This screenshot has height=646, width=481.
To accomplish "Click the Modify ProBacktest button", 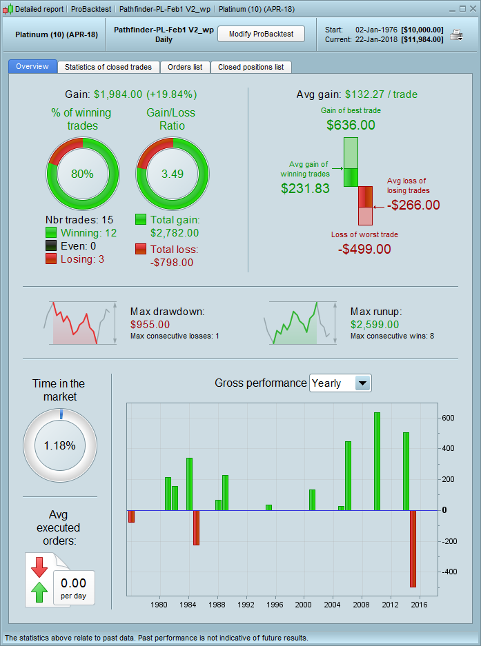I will (261, 34).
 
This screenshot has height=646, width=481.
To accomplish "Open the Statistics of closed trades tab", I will (108, 67).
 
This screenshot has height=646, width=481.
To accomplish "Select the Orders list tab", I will (184, 67).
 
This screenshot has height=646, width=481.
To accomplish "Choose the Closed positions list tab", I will (251, 67).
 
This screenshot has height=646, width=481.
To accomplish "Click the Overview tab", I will (32, 67).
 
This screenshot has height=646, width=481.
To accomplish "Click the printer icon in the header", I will (457, 34).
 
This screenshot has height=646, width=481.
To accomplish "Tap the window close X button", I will (472, 9).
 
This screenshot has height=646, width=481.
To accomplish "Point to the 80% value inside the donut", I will (82, 174).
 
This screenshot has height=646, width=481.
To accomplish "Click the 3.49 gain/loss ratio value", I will (172, 174).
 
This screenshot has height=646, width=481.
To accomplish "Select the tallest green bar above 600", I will (377, 461).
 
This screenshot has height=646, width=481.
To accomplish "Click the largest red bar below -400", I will (413, 548).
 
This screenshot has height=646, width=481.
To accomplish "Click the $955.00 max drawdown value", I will (150, 324).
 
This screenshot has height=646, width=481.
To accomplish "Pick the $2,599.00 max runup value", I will (375, 324).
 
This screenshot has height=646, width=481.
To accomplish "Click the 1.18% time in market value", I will (59, 445).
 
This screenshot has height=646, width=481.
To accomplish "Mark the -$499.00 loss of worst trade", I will (364, 249).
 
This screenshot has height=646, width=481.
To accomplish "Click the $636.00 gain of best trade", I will (351, 125).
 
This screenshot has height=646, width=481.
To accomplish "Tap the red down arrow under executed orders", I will (39, 567).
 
